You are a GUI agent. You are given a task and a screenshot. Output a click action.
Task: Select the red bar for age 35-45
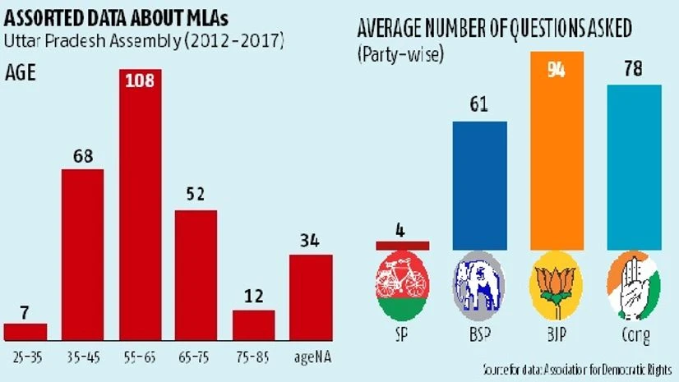pyautogui.click(x=82, y=255)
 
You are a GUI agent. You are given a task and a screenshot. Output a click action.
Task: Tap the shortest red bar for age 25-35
pyautogui.click(x=25, y=332)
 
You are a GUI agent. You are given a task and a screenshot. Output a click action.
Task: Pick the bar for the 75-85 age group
pyautogui.click(x=253, y=324)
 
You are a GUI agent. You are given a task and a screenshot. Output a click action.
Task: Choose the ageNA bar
pyautogui.click(x=311, y=297)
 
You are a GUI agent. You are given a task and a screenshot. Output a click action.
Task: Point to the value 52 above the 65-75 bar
pyautogui.click(x=196, y=196)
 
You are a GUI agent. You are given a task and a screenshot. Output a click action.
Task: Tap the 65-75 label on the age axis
pyautogui.click(x=196, y=358)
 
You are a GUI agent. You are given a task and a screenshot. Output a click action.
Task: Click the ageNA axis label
pyautogui.click(x=311, y=358)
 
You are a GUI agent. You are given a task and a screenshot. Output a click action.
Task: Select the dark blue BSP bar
pyautogui.click(x=479, y=185)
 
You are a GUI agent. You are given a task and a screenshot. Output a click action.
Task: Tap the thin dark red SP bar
pyautogui.click(x=402, y=245)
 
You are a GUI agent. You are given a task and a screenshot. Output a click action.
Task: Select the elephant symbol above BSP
pyautogui.click(x=479, y=285)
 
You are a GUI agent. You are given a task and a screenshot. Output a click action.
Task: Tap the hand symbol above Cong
pyautogui.click(x=634, y=285)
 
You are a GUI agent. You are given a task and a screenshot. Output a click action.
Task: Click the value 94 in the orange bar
pyautogui.click(x=557, y=69)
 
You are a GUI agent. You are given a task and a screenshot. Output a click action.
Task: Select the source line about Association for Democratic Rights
pyautogui.click(x=575, y=371)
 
